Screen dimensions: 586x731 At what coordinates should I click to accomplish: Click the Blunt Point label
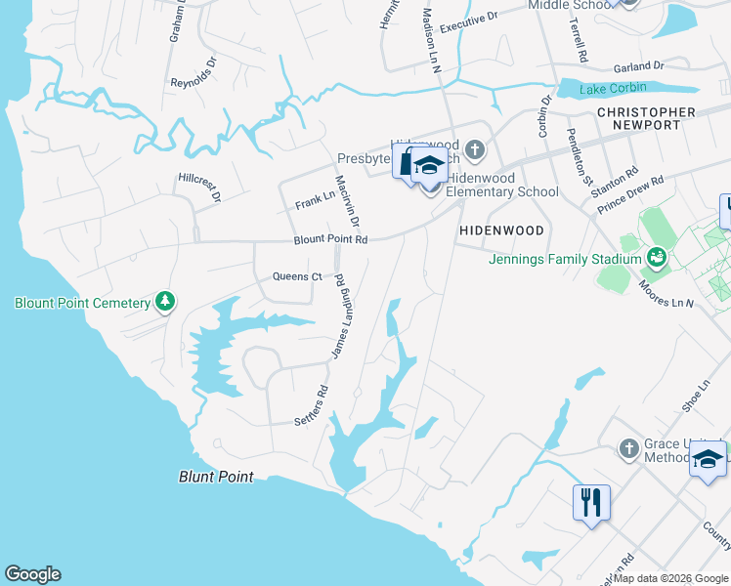[216, 478]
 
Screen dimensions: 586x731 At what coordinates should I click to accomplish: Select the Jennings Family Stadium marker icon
[658, 258]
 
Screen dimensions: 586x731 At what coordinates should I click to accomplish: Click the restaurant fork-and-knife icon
[591, 503]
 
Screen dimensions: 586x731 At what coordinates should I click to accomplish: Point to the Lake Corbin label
[613, 90]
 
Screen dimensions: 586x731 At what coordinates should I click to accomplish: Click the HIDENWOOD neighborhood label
[501, 230]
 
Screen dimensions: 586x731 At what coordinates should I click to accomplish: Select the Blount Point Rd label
[331, 239]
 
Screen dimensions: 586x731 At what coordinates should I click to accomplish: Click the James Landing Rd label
[340, 316]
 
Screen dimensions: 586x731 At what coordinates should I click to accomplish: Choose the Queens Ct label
[297, 276]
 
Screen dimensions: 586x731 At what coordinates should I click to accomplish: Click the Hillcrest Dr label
[200, 188]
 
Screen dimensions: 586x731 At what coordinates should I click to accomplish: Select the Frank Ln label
[315, 200]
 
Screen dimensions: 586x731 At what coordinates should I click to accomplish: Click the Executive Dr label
[468, 22]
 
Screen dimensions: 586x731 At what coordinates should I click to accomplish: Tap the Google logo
[32, 574]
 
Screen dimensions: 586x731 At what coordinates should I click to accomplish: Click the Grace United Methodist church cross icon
[629, 449]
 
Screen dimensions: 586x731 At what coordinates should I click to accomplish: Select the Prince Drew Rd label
[630, 193]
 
